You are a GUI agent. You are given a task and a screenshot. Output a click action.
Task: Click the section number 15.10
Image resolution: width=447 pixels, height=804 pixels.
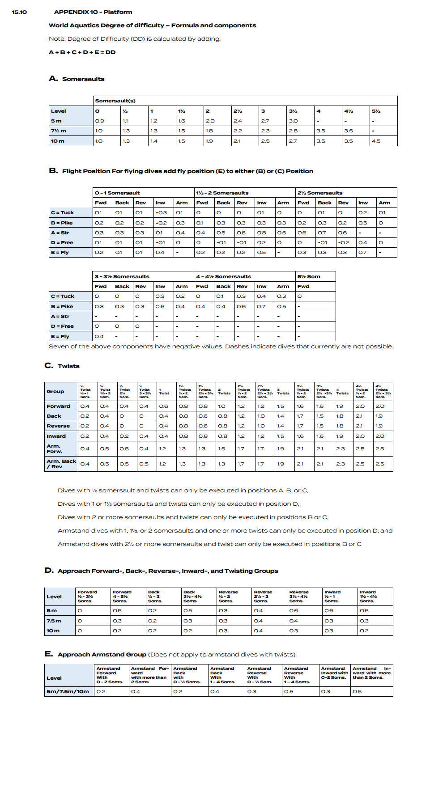point(19,12)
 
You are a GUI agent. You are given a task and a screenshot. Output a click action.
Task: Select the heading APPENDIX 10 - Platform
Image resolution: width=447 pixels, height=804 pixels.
point(93,12)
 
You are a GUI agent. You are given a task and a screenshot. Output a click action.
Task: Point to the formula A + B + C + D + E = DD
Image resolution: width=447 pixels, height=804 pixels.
point(82,52)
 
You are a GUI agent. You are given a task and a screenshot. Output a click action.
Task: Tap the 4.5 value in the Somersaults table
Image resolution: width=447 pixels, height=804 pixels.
point(376,141)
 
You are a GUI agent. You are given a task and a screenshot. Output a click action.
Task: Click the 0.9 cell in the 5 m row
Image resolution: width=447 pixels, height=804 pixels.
point(99,121)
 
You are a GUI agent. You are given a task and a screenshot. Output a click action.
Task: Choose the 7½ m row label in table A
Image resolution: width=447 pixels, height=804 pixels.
point(58,131)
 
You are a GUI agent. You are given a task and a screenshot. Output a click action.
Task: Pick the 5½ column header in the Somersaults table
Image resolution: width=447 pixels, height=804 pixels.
point(376,111)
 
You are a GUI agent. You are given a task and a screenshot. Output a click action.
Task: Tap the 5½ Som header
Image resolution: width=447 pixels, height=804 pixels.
point(309,276)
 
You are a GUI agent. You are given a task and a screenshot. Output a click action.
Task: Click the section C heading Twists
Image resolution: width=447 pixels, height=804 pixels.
point(68,366)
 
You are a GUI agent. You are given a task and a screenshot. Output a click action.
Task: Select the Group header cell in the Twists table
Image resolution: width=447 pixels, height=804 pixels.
point(55,391)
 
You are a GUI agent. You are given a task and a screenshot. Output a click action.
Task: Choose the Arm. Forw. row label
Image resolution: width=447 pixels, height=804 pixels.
point(55,449)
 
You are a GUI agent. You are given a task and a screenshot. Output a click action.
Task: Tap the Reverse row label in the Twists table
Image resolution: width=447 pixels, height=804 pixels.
point(58,426)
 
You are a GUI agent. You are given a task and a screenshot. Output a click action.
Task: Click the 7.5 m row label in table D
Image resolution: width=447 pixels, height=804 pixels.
point(54,621)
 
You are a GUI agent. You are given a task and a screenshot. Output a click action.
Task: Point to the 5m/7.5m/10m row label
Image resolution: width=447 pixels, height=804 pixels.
point(68,691)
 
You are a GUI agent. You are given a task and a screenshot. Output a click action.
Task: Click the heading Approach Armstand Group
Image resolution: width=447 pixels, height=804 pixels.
point(102,654)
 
